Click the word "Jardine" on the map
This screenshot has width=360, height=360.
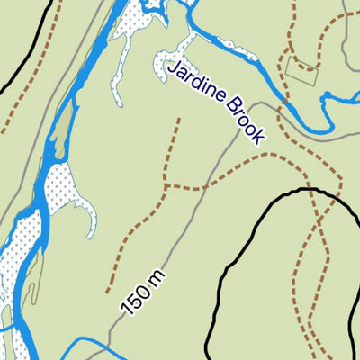point(198,86)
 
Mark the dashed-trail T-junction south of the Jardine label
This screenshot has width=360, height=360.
point(167,187)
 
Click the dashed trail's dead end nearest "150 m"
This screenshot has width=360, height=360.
point(108,290)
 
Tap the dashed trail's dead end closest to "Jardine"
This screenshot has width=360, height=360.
point(178,120)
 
